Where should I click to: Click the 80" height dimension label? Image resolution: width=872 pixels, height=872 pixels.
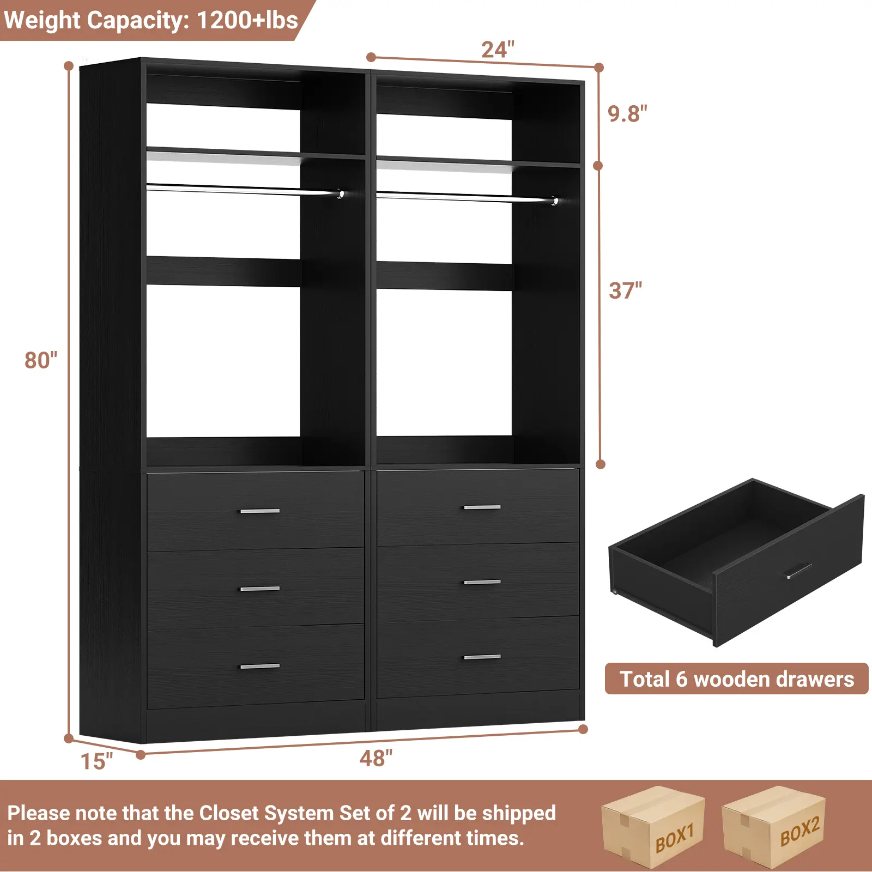pyautogui.click(x=41, y=360)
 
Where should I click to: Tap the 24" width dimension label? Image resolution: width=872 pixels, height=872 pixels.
pyautogui.click(x=498, y=50)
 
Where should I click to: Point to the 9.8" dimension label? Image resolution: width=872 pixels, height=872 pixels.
pyautogui.click(x=627, y=114)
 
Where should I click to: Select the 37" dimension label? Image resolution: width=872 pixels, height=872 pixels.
pyautogui.click(x=625, y=290)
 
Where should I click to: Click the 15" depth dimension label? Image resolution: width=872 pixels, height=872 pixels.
pyautogui.click(x=96, y=761)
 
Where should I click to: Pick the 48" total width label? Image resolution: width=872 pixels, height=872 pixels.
pyautogui.click(x=376, y=758)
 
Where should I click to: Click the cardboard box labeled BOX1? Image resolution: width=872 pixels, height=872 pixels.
pyautogui.click(x=653, y=827)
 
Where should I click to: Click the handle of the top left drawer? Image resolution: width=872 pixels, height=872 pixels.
pyautogui.click(x=260, y=511)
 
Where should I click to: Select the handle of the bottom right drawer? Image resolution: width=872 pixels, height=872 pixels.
pyautogui.click(x=482, y=657)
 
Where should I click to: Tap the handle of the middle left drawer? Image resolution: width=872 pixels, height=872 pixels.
pyautogui.click(x=260, y=589)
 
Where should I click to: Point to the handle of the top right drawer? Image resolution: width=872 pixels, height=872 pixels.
pyautogui.click(x=482, y=507)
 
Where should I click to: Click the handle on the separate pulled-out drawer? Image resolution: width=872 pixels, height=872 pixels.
pyautogui.click(x=798, y=571)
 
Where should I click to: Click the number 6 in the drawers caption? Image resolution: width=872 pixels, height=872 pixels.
pyautogui.click(x=681, y=679)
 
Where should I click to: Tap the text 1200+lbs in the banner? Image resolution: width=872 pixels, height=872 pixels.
pyautogui.click(x=247, y=20)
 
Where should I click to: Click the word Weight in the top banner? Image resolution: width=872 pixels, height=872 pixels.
pyautogui.click(x=43, y=20)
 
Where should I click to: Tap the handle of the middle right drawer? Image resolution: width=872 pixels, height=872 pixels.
pyautogui.click(x=482, y=582)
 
